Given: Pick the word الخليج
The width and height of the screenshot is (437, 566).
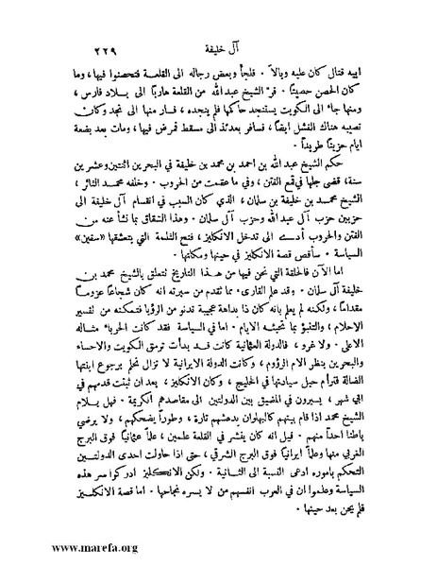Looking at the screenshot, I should click(x=225, y=369).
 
